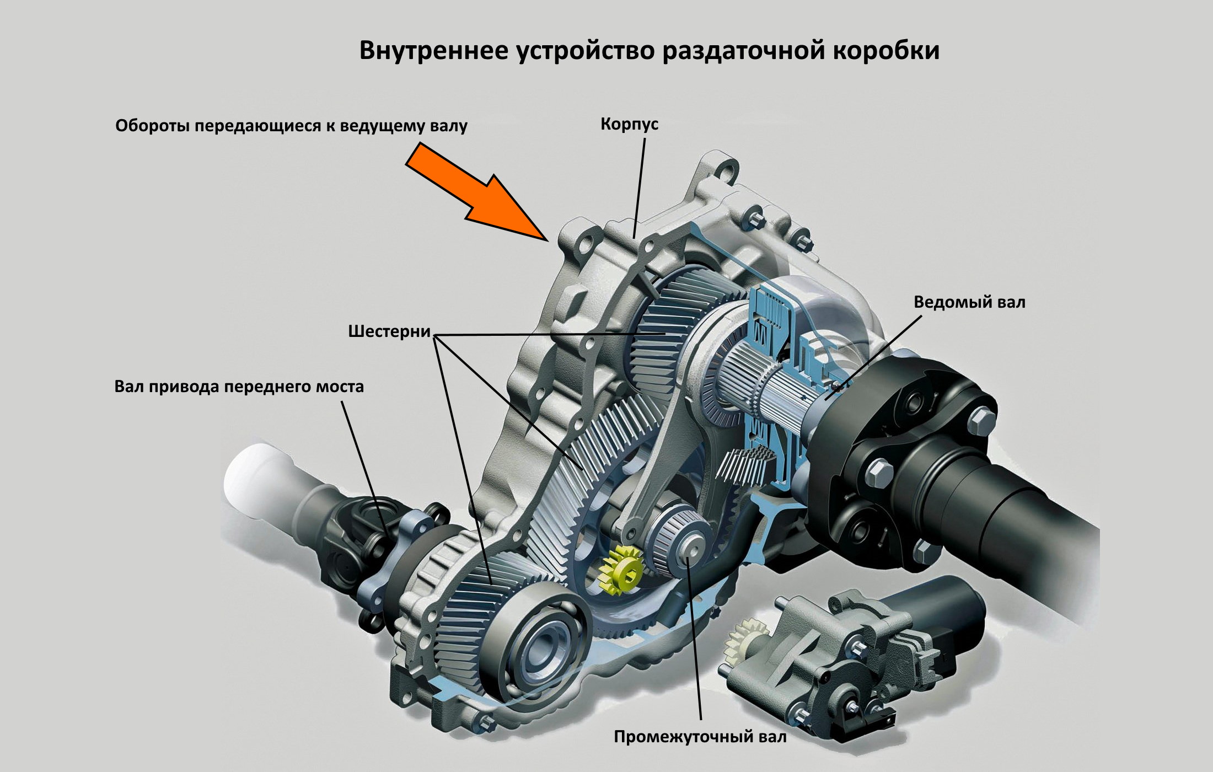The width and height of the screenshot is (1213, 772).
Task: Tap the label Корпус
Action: point(629,124)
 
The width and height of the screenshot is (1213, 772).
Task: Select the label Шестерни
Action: point(389,331)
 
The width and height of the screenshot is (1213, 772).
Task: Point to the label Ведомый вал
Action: point(969,302)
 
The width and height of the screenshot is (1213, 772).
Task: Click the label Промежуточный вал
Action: point(700,736)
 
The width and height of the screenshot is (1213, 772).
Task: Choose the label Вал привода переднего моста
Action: point(239,386)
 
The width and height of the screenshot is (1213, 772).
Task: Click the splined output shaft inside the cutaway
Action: point(772,386)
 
